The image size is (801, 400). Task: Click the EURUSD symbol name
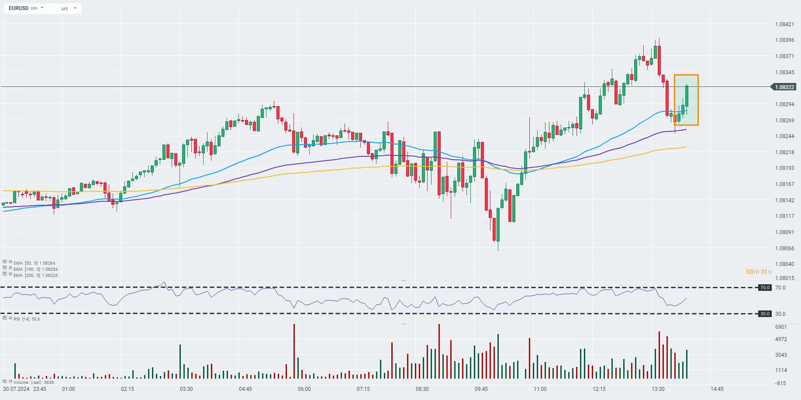coord(18,8)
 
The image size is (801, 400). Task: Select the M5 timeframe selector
coord(65,9)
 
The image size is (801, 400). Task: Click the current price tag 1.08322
coord(784,87)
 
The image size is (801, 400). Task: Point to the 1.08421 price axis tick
coord(784,24)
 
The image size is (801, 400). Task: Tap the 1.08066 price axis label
coord(784,248)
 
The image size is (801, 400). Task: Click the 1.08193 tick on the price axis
coord(784,168)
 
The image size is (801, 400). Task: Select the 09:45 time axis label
coord(481,389)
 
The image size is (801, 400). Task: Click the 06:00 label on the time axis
coord(304,389)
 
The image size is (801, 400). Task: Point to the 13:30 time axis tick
coord(658,389)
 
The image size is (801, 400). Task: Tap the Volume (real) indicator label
coord(27,382)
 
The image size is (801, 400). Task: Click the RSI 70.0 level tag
coord(765,288)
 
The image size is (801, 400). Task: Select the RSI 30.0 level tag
coord(765,314)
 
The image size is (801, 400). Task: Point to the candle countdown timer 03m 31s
coord(759,272)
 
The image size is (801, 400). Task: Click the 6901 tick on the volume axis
coord(780,327)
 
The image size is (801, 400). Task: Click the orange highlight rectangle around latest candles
coord(686,100)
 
